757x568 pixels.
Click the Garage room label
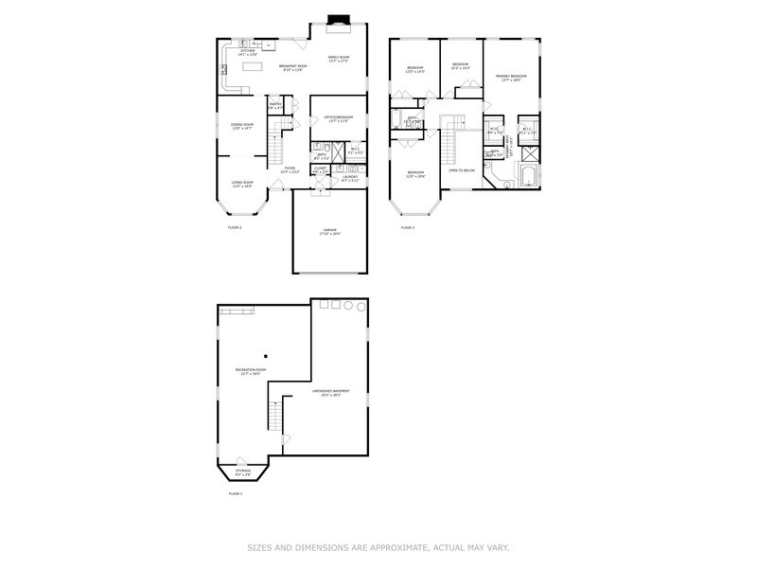[x=329, y=232]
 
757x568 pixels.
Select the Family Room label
[x=339, y=59]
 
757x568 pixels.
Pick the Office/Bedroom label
[x=339, y=117]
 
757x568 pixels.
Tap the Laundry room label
[x=349, y=177]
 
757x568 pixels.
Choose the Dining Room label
[x=242, y=125]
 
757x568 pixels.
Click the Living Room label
[x=242, y=184]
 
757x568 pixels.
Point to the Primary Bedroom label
[x=512, y=78]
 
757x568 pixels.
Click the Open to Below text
[x=461, y=169]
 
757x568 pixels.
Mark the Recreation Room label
[x=250, y=371]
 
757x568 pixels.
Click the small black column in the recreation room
[x=267, y=355]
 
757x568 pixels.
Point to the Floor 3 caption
[x=407, y=227]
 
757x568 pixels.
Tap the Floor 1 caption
[x=236, y=493]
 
